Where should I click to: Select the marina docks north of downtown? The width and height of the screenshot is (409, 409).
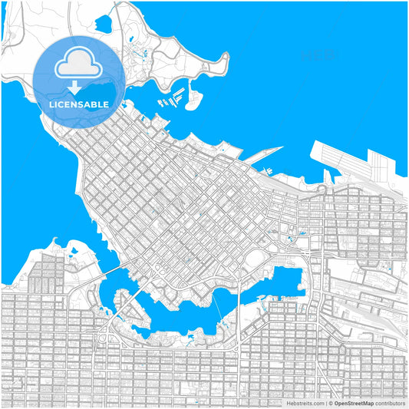pos(170,101)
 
